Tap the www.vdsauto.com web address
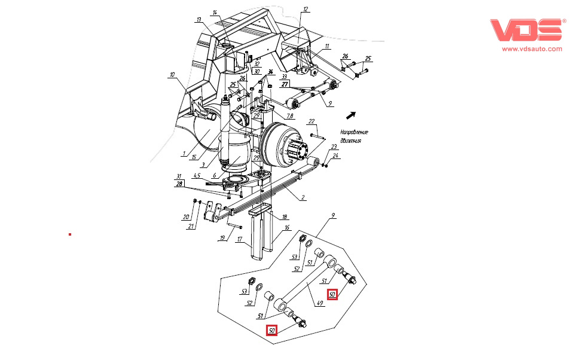pos(532,49)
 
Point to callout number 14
pos(215,13)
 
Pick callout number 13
pos(199,20)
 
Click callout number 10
pos(172,75)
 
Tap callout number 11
pos(326,46)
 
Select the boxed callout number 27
pos(285,85)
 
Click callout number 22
pos(312,121)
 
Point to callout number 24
pos(335,157)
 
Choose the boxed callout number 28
pos(179,185)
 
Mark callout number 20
pos(185,216)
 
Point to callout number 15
pos(193,157)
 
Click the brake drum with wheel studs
pos(284,147)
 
